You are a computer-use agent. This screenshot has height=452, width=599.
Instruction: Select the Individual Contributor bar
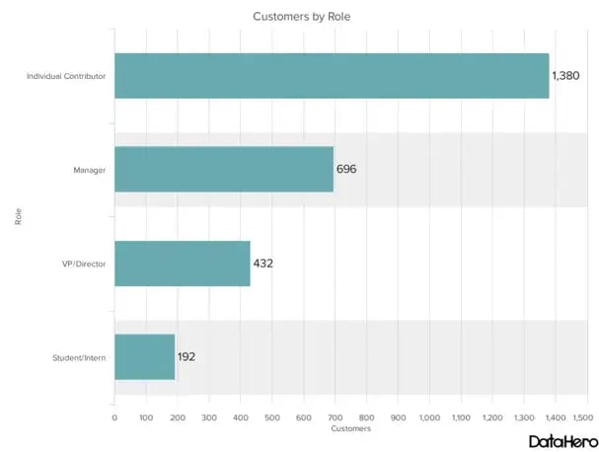(x=332, y=76)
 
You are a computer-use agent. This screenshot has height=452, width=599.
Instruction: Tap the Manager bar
(x=224, y=169)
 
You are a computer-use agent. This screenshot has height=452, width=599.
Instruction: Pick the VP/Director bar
(x=183, y=264)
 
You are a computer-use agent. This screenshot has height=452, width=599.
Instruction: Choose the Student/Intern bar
(x=145, y=356)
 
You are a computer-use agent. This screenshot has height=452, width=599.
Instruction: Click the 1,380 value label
(x=566, y=76)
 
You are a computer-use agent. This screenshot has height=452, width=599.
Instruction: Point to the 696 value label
(x=346, y=169)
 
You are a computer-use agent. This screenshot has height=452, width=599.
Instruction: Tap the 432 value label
(x=263, y=264)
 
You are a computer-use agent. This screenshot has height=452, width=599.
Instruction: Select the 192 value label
(x=187, y=356)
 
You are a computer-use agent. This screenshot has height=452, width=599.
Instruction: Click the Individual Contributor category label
(x=66, y=76)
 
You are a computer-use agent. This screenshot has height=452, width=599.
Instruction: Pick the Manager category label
(x=90, y=170)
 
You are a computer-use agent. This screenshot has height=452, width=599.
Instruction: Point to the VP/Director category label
(x=84, y=264)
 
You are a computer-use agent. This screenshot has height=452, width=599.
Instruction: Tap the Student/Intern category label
(x=80, y=357)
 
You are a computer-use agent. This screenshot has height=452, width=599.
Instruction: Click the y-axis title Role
(x=19, y=216)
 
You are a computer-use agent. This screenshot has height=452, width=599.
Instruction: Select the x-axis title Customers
(x=350, y=429)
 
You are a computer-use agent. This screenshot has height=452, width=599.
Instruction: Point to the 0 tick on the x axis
(x=114, y=418)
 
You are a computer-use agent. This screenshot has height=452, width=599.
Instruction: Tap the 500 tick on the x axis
(x=272, y=418)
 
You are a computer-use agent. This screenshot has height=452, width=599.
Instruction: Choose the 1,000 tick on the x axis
(x=429, y=418)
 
